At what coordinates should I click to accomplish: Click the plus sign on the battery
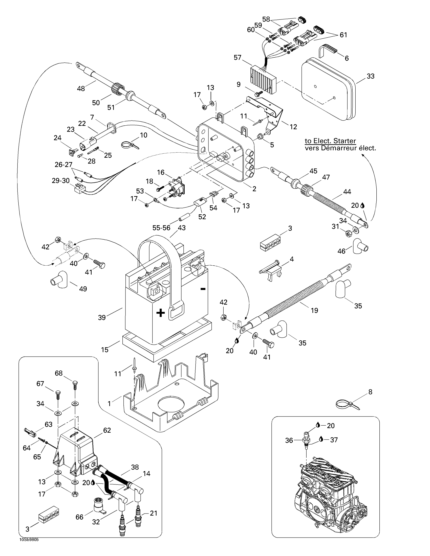point(160,313)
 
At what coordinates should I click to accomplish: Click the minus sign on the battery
point(203,289)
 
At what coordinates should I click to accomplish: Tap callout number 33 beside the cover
point(370,76)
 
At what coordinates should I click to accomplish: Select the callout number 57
point(238,58)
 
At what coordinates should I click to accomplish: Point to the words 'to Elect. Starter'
point(330,141)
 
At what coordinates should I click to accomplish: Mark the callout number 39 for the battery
point(102,317)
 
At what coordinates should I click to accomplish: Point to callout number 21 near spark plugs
point(154,513)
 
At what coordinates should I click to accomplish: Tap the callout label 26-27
point(63,165)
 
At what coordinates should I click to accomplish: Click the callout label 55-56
point(161,228)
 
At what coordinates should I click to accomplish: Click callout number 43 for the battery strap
point(182,228)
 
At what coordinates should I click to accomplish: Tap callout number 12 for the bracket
point(293,127)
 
